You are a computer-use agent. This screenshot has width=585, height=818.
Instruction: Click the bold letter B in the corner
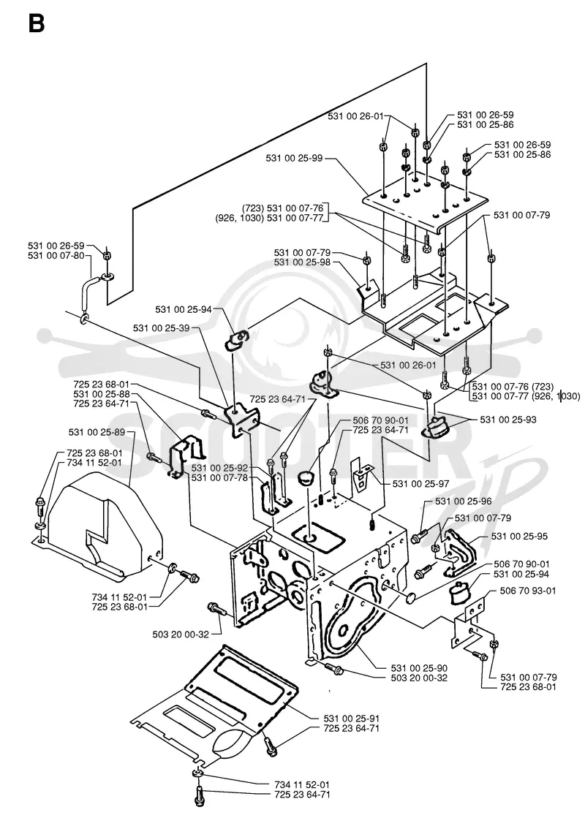[x=37, y=24]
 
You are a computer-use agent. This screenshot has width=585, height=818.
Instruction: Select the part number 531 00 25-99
[x=294, y=158]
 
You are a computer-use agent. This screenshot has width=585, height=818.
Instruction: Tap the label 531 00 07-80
[x=56, y=256]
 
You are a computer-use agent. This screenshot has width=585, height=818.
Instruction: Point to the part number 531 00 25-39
[x=162, y=328]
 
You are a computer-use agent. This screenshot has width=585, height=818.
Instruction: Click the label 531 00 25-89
[x=97, y=433]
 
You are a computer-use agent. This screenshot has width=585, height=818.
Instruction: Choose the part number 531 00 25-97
[x=421, y=484]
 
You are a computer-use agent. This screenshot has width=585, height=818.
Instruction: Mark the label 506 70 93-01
[x=527, y=591]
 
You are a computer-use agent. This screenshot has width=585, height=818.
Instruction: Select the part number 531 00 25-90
[x=419, y=668]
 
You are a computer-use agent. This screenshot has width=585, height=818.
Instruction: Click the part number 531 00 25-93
[x=508, y=420]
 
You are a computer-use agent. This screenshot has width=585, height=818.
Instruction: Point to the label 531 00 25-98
[x=303, y=263]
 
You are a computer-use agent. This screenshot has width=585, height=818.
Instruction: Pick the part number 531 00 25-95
[x=519, y=537]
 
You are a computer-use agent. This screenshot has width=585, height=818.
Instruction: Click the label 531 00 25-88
[x=102, y=395]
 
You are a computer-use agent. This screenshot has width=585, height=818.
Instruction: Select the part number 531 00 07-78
[x=219, y=478]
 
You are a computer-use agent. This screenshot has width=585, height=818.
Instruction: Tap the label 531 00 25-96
[x=464, y=501]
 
